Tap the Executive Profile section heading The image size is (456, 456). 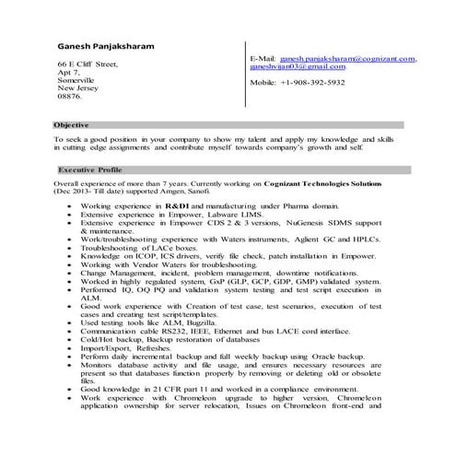pyautogui.click(x=89, y=170)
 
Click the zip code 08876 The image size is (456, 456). pyautogui.click(x=69, y=97)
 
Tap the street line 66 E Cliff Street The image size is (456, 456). pyautogui.click(x=88, y=64)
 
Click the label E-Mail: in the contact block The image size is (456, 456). pyautogui.click(x=264, y=58)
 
